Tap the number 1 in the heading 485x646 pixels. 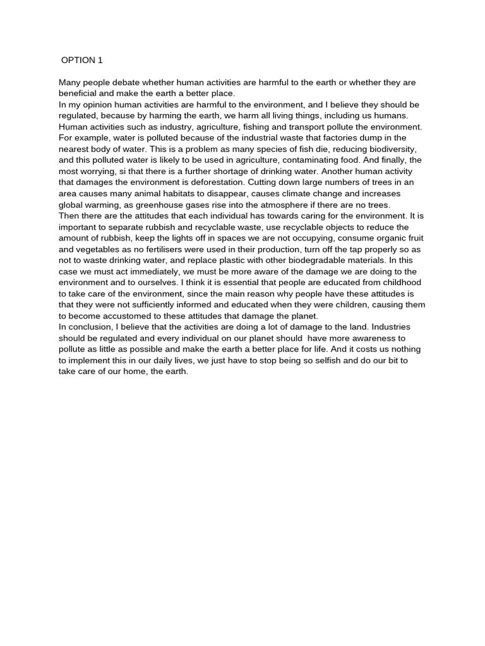coord(100,61)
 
